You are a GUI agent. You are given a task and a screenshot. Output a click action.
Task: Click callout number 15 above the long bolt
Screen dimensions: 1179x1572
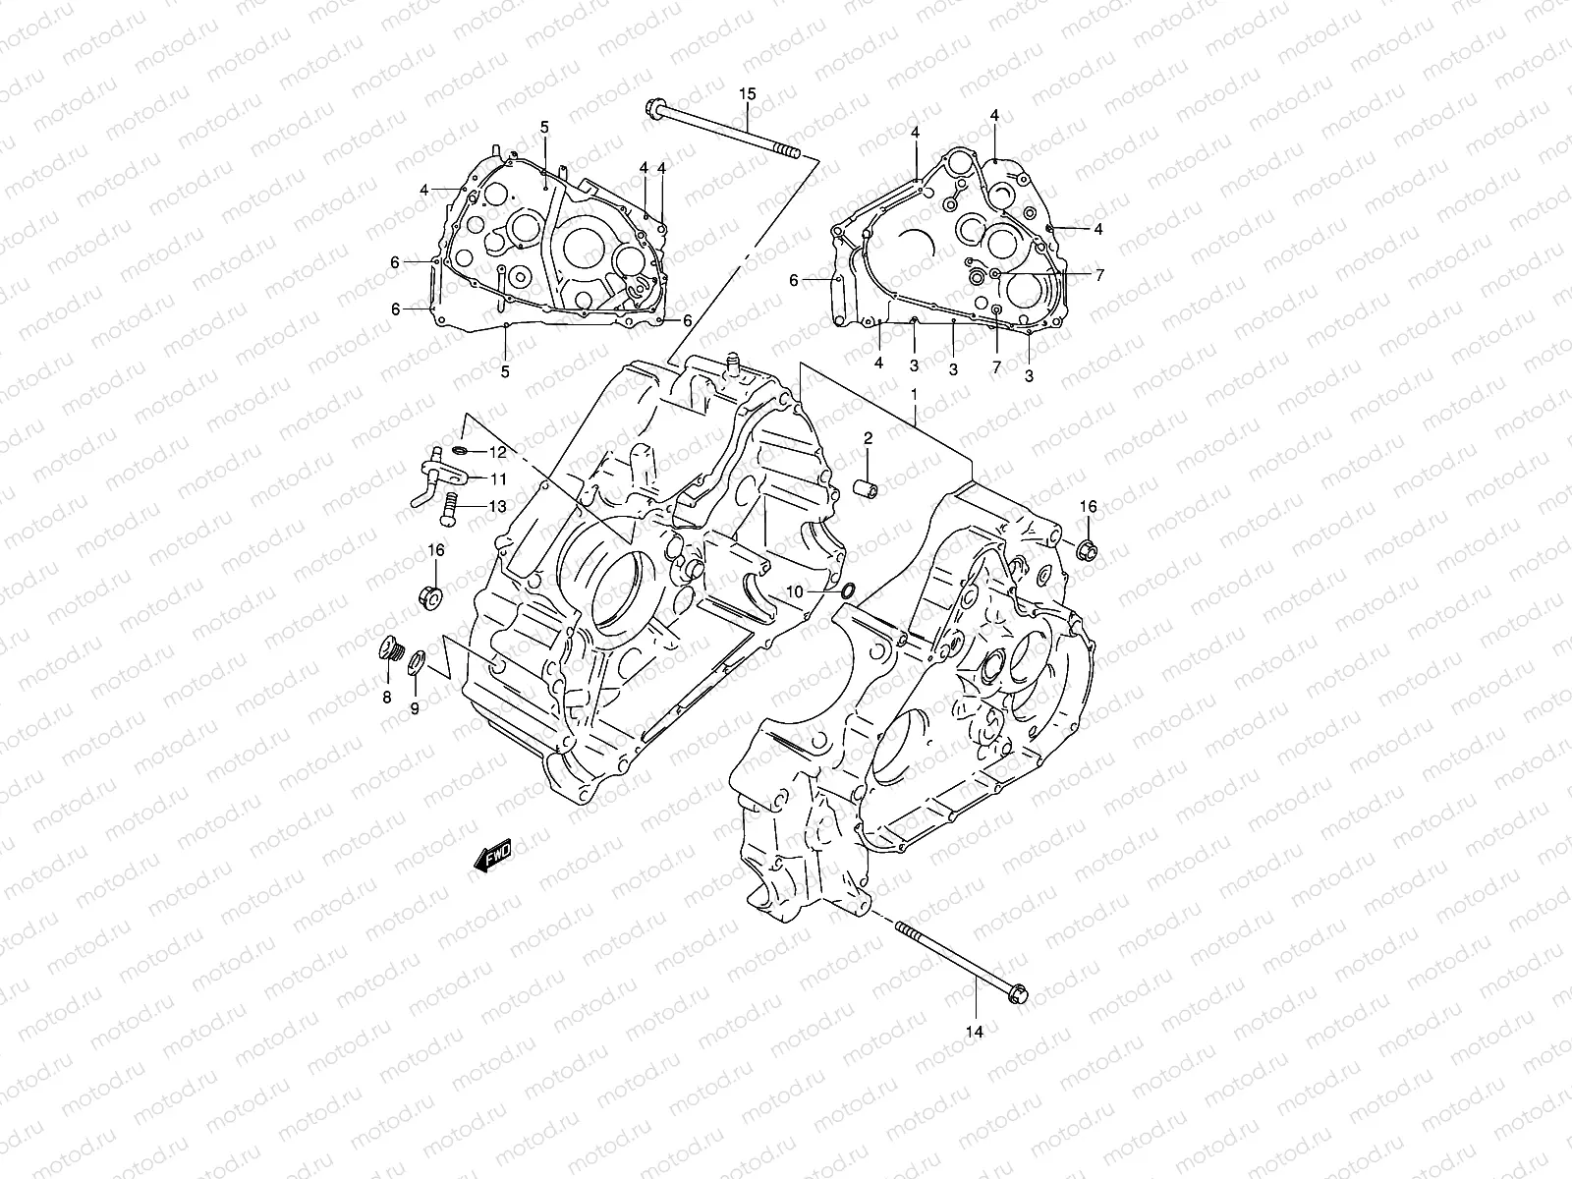click(x=748, y=94)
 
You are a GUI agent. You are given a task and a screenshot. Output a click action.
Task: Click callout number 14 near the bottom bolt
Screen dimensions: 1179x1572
click(x=975, y=1032)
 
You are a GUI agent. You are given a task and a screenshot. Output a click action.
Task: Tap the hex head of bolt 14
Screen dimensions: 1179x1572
click(x=1018, y=994)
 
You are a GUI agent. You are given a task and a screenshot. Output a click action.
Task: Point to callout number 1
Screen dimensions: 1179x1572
click(x=913, y=393)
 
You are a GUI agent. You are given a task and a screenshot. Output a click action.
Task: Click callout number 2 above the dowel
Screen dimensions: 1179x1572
click(x=869, y=438)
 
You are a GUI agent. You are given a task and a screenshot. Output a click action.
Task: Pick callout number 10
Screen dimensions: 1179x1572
click(x=795, y=592)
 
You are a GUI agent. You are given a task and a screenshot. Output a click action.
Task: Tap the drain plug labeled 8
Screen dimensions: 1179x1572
click(x=390, y=650)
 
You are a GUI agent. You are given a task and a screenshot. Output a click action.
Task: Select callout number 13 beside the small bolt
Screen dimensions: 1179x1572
click(x=497, y=507)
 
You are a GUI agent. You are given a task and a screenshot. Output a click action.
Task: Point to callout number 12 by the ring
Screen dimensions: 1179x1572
click(x=497, y=452)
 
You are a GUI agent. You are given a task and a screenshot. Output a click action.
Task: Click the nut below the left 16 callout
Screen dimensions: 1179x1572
click(x=429, y=595)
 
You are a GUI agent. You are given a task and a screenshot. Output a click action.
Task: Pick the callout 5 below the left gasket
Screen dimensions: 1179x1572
click(x=505, y=371)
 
